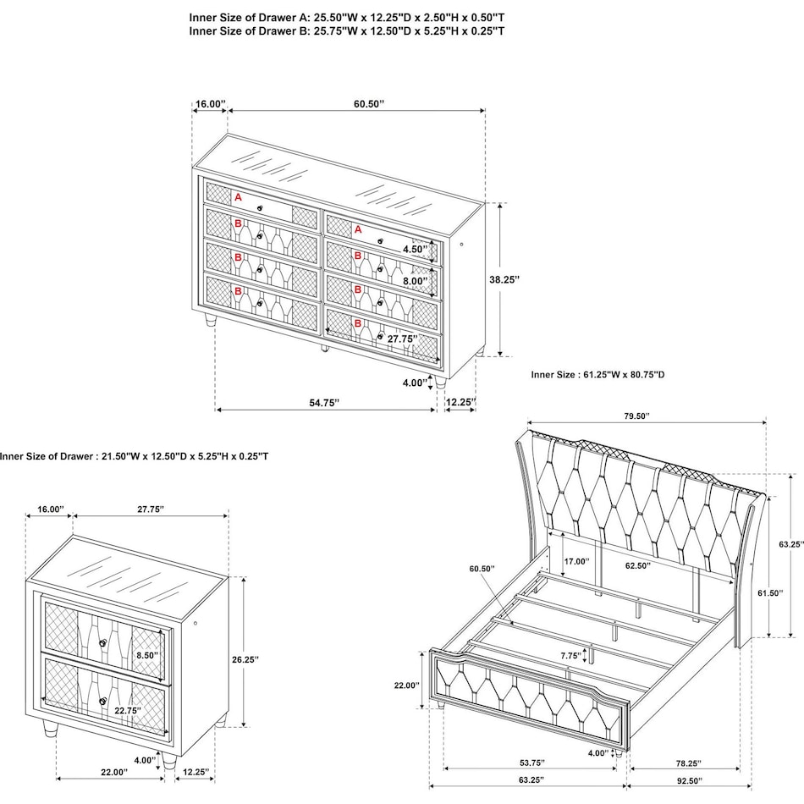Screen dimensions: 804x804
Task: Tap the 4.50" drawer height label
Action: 415,250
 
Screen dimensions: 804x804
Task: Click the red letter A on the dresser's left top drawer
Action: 238,197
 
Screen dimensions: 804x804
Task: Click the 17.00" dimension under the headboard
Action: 577,560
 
